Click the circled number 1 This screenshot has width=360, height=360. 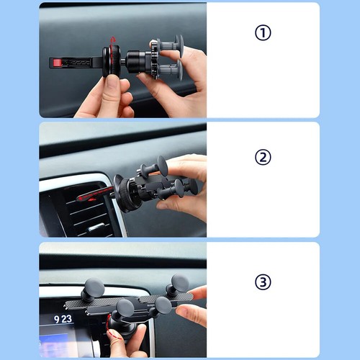[263, 32]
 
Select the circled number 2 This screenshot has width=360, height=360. [263, 157]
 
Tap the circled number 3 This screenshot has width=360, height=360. [263, 282]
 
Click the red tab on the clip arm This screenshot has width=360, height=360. [58, 63]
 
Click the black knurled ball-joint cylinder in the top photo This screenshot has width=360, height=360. [135, 62]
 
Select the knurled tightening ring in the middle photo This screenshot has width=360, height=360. [127, 195]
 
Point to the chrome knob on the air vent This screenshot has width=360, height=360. [96, 228]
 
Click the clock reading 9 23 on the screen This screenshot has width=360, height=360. [63, 319]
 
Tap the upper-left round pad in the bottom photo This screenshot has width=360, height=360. [94, 287]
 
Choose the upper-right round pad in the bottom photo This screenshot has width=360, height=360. [180, 283]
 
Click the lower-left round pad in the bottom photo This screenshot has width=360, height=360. [125, 308]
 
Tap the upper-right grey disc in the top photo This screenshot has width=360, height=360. [179, 44]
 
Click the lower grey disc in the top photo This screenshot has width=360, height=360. [179, 70]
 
